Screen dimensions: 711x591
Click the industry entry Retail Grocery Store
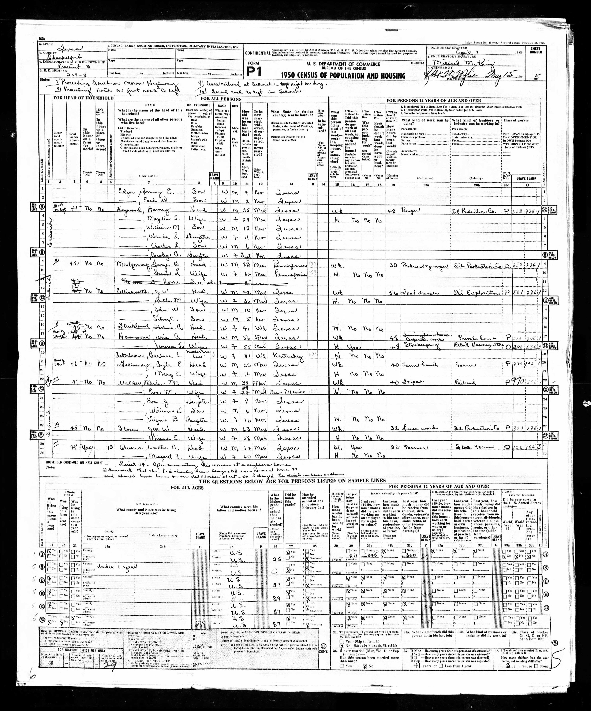[x=474, y=347]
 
